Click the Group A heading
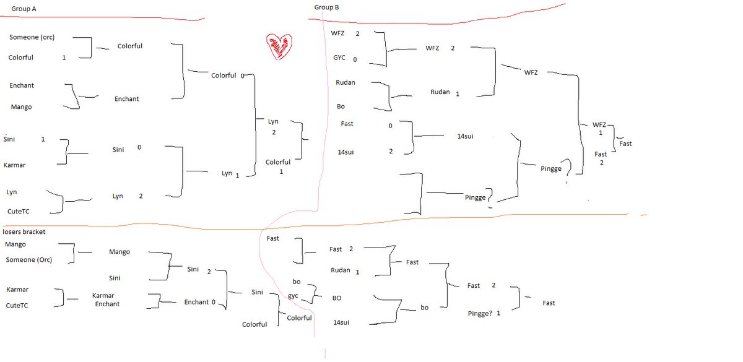pos(25,9)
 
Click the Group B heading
pos(326,7)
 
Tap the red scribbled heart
pos(279,47)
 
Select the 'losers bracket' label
pos(24,232)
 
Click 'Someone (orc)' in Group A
pos(32,37)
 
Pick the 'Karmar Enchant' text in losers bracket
pos(106,300)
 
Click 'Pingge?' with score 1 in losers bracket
pos(480,314)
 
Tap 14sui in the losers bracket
pos(342,322)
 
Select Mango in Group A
pos(21,107)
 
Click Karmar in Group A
pos(14,165)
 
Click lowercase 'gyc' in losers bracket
pos(293,296)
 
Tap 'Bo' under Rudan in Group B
pos(341,106)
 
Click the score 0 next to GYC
pos(355,59)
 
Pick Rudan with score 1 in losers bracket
pos(340,270)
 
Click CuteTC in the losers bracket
pos(18,305)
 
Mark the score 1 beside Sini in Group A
pos(43,139)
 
